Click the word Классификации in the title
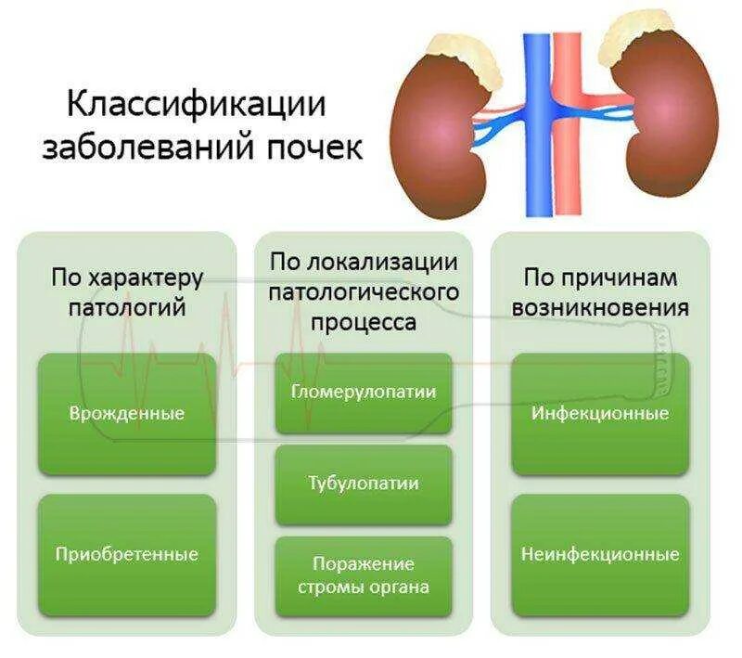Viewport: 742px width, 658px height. [196, 104]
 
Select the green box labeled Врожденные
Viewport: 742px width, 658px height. [127, 413]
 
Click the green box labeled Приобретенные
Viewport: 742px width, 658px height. [127, 554]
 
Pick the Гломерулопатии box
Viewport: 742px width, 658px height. [364, 392]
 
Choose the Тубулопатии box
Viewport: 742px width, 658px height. [364, 484]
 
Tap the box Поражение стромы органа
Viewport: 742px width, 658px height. [364, 574]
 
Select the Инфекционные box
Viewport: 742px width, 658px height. [600, 413]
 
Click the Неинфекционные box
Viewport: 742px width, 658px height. [600, 554]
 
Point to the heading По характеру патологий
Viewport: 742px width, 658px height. [127, 292]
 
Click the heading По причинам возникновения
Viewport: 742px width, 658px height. [600, 292]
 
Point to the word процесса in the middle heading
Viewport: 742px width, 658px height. [364, 322]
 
